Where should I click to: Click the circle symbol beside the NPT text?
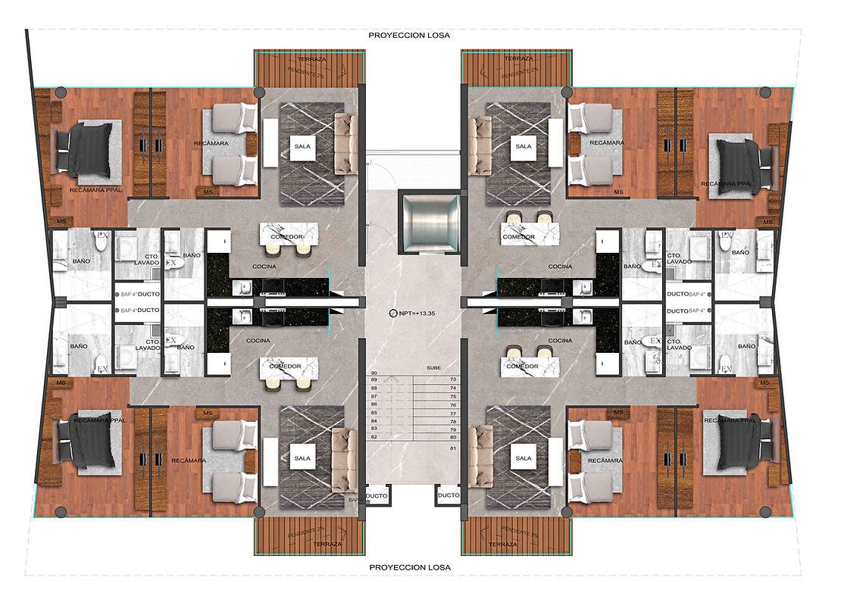pos(392,312)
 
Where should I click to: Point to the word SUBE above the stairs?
pos(433,367)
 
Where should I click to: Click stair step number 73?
pos(453,379)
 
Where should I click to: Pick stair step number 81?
pos(453,448)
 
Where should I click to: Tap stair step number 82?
pos(374,437)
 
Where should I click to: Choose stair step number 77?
pos(453,414)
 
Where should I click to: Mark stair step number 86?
pos(374,404)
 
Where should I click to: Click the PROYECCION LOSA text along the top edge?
pos(409,35)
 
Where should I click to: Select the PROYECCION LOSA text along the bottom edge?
pos(409,566)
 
